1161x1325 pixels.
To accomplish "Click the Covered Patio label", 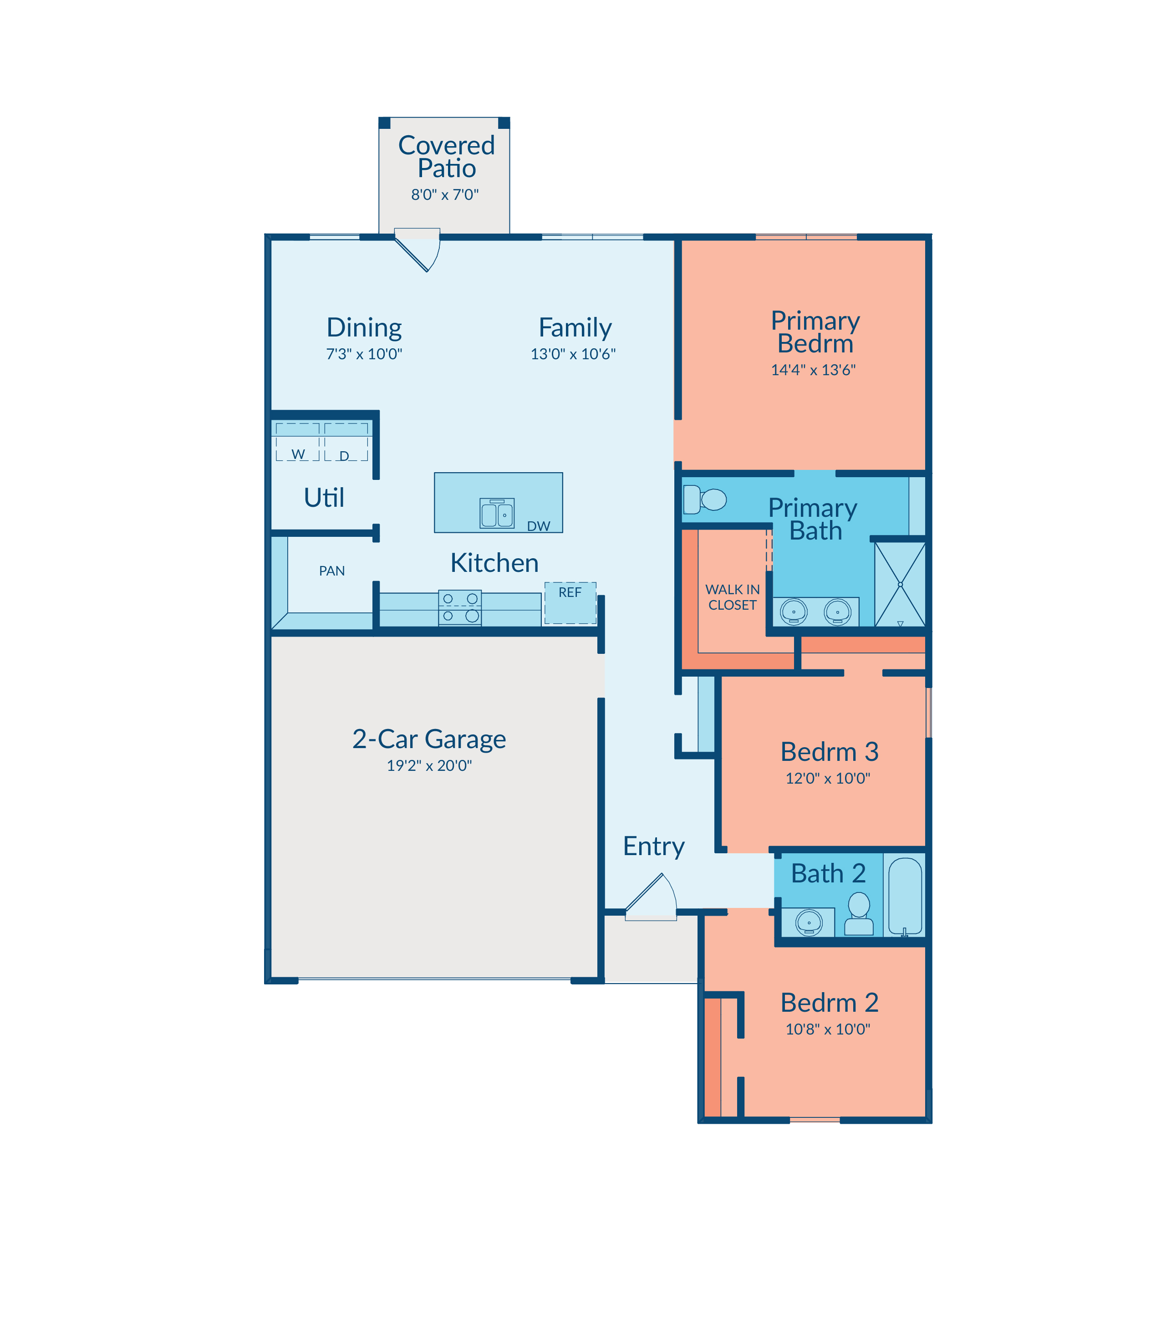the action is pos(446,156).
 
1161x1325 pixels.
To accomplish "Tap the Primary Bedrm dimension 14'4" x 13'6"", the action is pos(813,370).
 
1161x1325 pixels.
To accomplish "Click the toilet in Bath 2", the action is pos(859,913).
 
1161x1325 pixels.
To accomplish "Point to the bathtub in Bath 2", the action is pos(904,896).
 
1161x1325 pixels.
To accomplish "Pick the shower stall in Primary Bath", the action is pos(900,585).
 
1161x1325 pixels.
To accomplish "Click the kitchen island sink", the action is pos(497,513).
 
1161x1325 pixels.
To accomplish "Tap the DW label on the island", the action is pos(539,526).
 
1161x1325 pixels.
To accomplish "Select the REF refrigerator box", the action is pos(570,602).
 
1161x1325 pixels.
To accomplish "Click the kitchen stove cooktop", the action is pos(460,608).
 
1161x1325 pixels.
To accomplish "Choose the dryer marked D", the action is pos(346,442).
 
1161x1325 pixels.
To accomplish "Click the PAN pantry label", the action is pos(332,571).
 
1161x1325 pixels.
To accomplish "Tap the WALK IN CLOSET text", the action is pos(732,597).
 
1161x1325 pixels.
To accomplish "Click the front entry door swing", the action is pos(651,897).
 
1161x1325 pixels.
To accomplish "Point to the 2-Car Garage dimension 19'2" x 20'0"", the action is pos(429,765).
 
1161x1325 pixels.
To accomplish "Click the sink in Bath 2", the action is pos(809,922).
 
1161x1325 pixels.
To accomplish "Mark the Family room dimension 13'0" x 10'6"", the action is pos(573,354).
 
